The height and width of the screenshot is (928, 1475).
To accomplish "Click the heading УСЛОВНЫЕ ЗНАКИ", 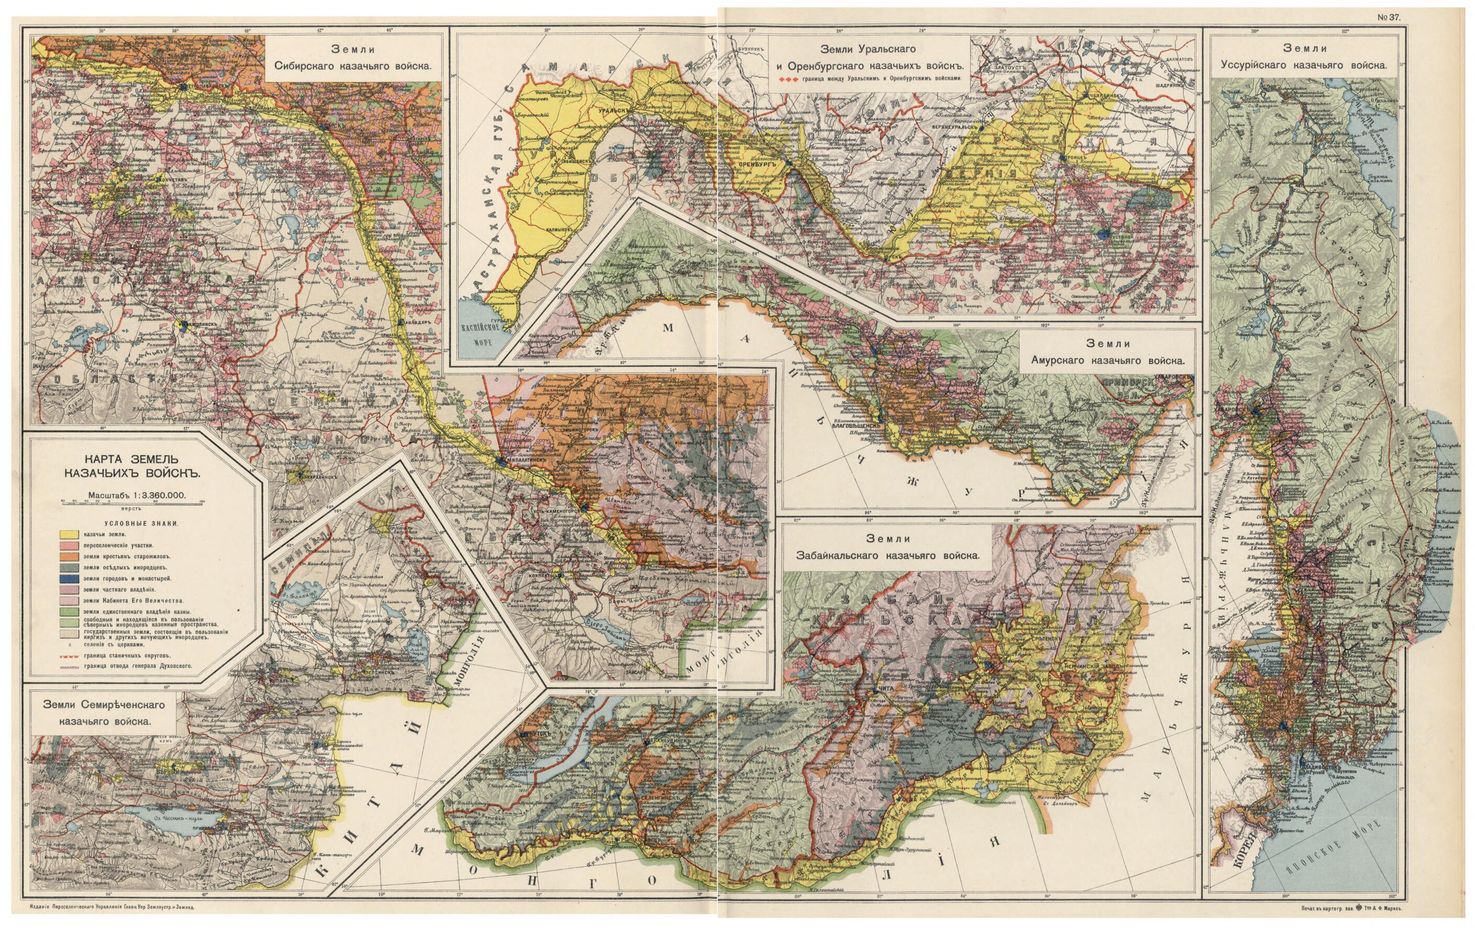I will [141, 524].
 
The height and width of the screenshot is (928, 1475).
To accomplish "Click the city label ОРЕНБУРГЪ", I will [758, 165].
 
